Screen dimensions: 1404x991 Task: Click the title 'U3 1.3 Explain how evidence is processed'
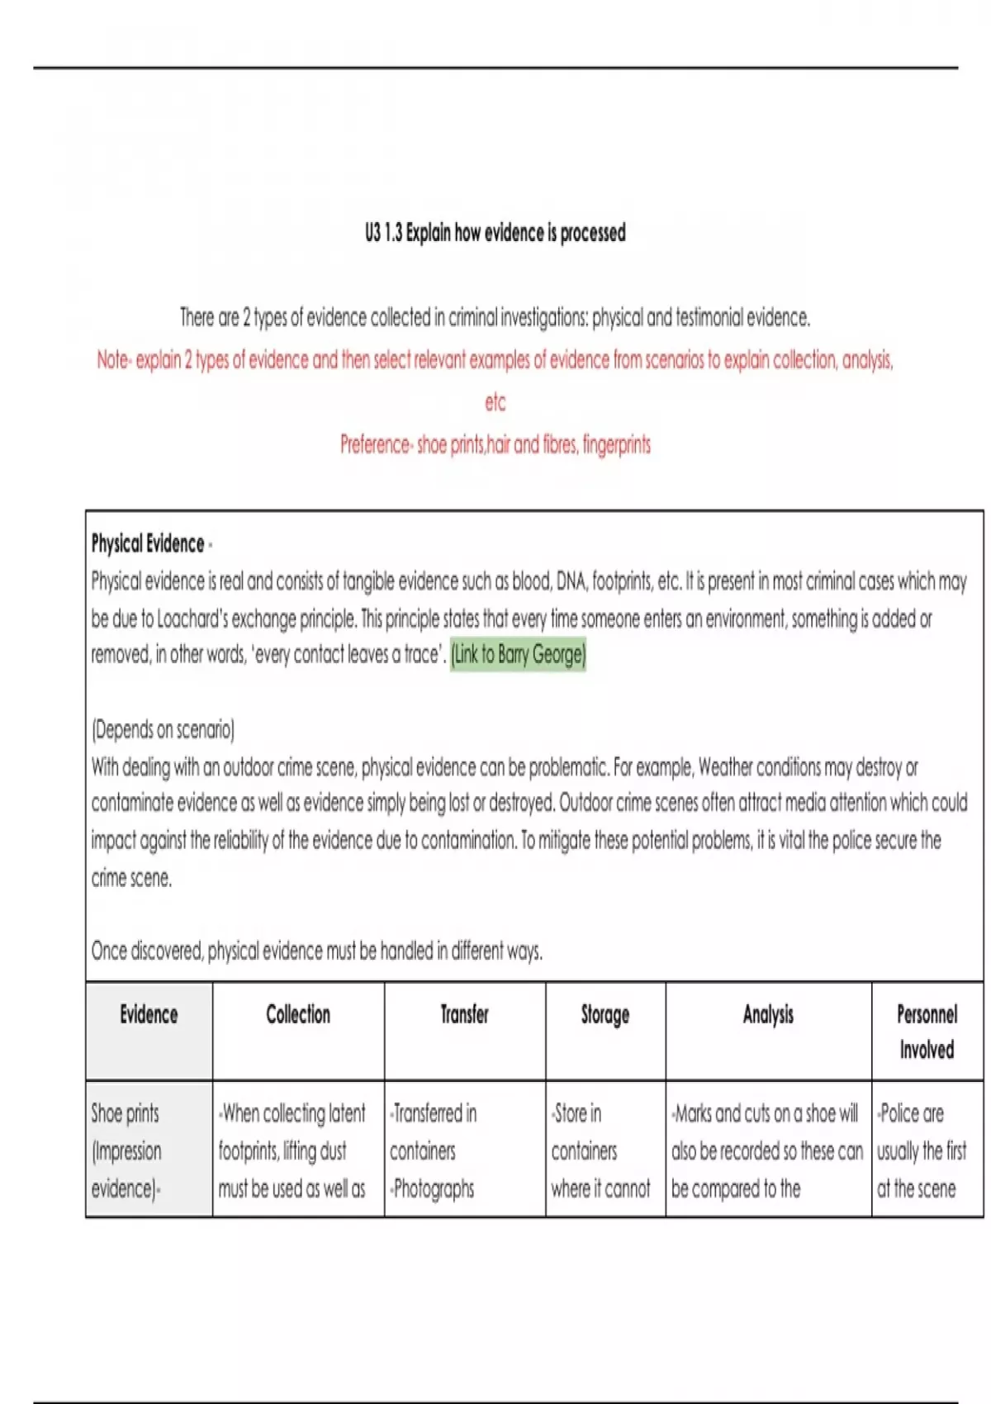coord(495,233)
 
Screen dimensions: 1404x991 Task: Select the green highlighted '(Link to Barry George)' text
coord(518,655)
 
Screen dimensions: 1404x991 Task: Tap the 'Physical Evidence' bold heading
coord(148,543)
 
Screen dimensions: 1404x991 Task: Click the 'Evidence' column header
coord(149,1014)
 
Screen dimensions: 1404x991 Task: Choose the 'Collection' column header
coord(298,1014)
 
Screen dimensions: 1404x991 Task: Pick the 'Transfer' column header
coord(464,1014)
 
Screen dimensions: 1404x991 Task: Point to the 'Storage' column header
coord(605,1014)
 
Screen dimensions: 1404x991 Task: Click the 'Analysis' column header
coord(768,1014)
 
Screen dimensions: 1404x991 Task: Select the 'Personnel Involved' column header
coord(927,1032)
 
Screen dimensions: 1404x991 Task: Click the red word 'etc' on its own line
coord(495,402)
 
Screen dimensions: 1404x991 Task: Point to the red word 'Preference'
coord(375,444)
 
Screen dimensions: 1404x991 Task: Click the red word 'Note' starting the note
coord(112,360)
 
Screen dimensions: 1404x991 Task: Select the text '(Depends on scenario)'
coord(163,729)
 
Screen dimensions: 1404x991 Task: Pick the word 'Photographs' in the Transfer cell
coord(434,1188)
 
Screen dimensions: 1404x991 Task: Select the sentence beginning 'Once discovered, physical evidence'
coord(317,951)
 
